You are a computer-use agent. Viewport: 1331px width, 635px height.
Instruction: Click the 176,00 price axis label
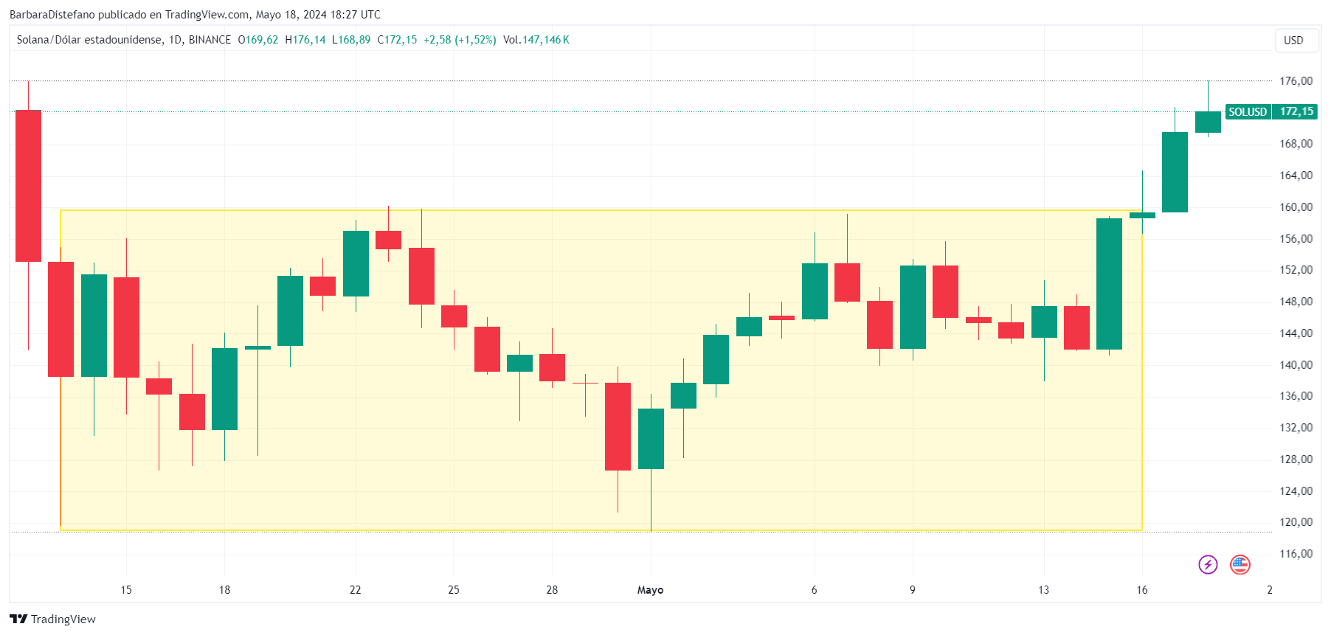coord(1296,81)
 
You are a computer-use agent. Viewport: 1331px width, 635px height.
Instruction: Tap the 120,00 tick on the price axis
coord(1296,522)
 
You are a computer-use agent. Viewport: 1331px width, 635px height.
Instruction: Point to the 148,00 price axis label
coord(1296,302)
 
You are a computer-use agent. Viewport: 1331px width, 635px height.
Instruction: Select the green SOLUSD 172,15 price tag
coord(1271,112)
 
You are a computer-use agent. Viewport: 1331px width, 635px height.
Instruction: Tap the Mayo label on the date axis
coord(650,590)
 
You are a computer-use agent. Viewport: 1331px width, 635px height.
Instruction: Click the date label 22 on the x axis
coord(356,590)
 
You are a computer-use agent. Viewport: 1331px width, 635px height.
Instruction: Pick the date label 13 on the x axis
coord(1043,590)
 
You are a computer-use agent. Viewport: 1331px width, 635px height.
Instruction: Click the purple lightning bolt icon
coord(1208,565)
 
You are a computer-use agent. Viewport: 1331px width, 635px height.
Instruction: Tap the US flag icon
coord(1240,565)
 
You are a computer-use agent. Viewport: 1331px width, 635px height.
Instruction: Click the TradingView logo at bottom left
coord(53,620)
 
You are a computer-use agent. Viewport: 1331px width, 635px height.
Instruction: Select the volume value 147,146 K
coord(546,40)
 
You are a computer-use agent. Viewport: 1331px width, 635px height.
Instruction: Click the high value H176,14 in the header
coord(305,40)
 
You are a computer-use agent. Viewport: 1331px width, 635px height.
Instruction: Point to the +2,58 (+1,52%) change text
coord(460,40)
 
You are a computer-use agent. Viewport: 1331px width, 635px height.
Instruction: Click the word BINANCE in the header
coord(210,40)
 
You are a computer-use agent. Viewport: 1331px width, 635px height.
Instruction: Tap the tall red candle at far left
coord(29,185)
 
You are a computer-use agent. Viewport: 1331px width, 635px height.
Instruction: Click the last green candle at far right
coord(1208,122)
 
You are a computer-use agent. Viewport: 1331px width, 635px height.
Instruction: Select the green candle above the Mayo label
coord(651,438)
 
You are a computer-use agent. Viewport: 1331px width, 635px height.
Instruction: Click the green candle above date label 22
coord(356,263)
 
